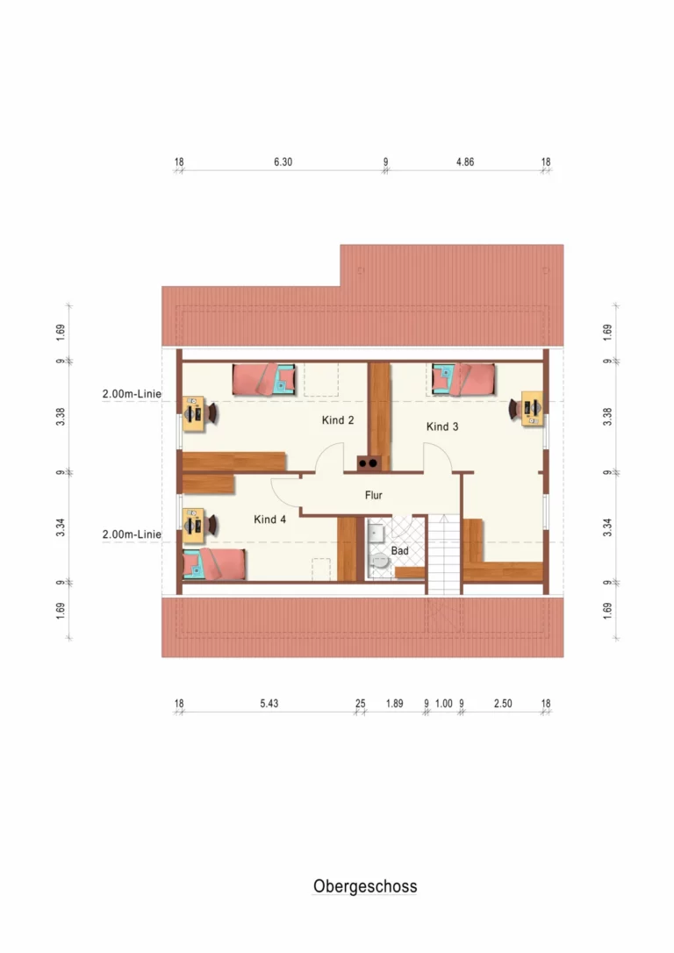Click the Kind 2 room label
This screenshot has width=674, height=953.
(x=337, y=420)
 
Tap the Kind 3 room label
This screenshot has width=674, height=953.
(x=441, y=426)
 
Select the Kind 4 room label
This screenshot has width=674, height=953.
(x=269, y=519)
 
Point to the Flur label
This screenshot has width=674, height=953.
(x=373, y=495)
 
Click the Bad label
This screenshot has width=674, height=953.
(x=399, y=550)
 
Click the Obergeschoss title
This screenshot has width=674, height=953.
(x=365, y=886)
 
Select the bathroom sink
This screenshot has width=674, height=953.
(x=376, y=533)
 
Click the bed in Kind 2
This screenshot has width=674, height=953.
(x=264, y=379)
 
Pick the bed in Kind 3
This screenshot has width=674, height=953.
(x=463, y=379)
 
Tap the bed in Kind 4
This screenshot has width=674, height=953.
(x=214, y=563)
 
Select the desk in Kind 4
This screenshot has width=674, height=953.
(x=194, y=526)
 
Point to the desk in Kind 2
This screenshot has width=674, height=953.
(x=194, y=414)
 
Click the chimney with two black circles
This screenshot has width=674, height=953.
(x=369, y=463)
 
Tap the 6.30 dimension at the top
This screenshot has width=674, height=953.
(x=283, y=161)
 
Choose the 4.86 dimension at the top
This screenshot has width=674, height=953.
(x=465, y=161)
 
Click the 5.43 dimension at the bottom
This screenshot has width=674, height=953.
(x=269, y=703)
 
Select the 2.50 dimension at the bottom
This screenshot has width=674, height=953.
(x=503, y=703)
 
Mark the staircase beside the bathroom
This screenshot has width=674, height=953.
(x=444, y=554)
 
